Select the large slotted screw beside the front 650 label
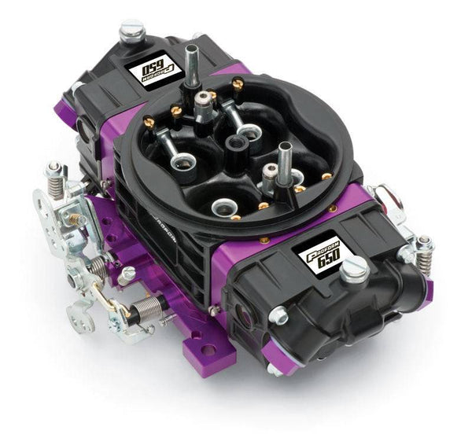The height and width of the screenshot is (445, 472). click(355, 270)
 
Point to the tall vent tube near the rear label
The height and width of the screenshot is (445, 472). click(190, 62)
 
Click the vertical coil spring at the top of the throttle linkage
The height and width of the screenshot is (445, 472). click(54, 180)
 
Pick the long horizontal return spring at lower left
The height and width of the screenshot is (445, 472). click(149, 307)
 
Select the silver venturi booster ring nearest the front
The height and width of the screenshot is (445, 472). click(226, 208)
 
